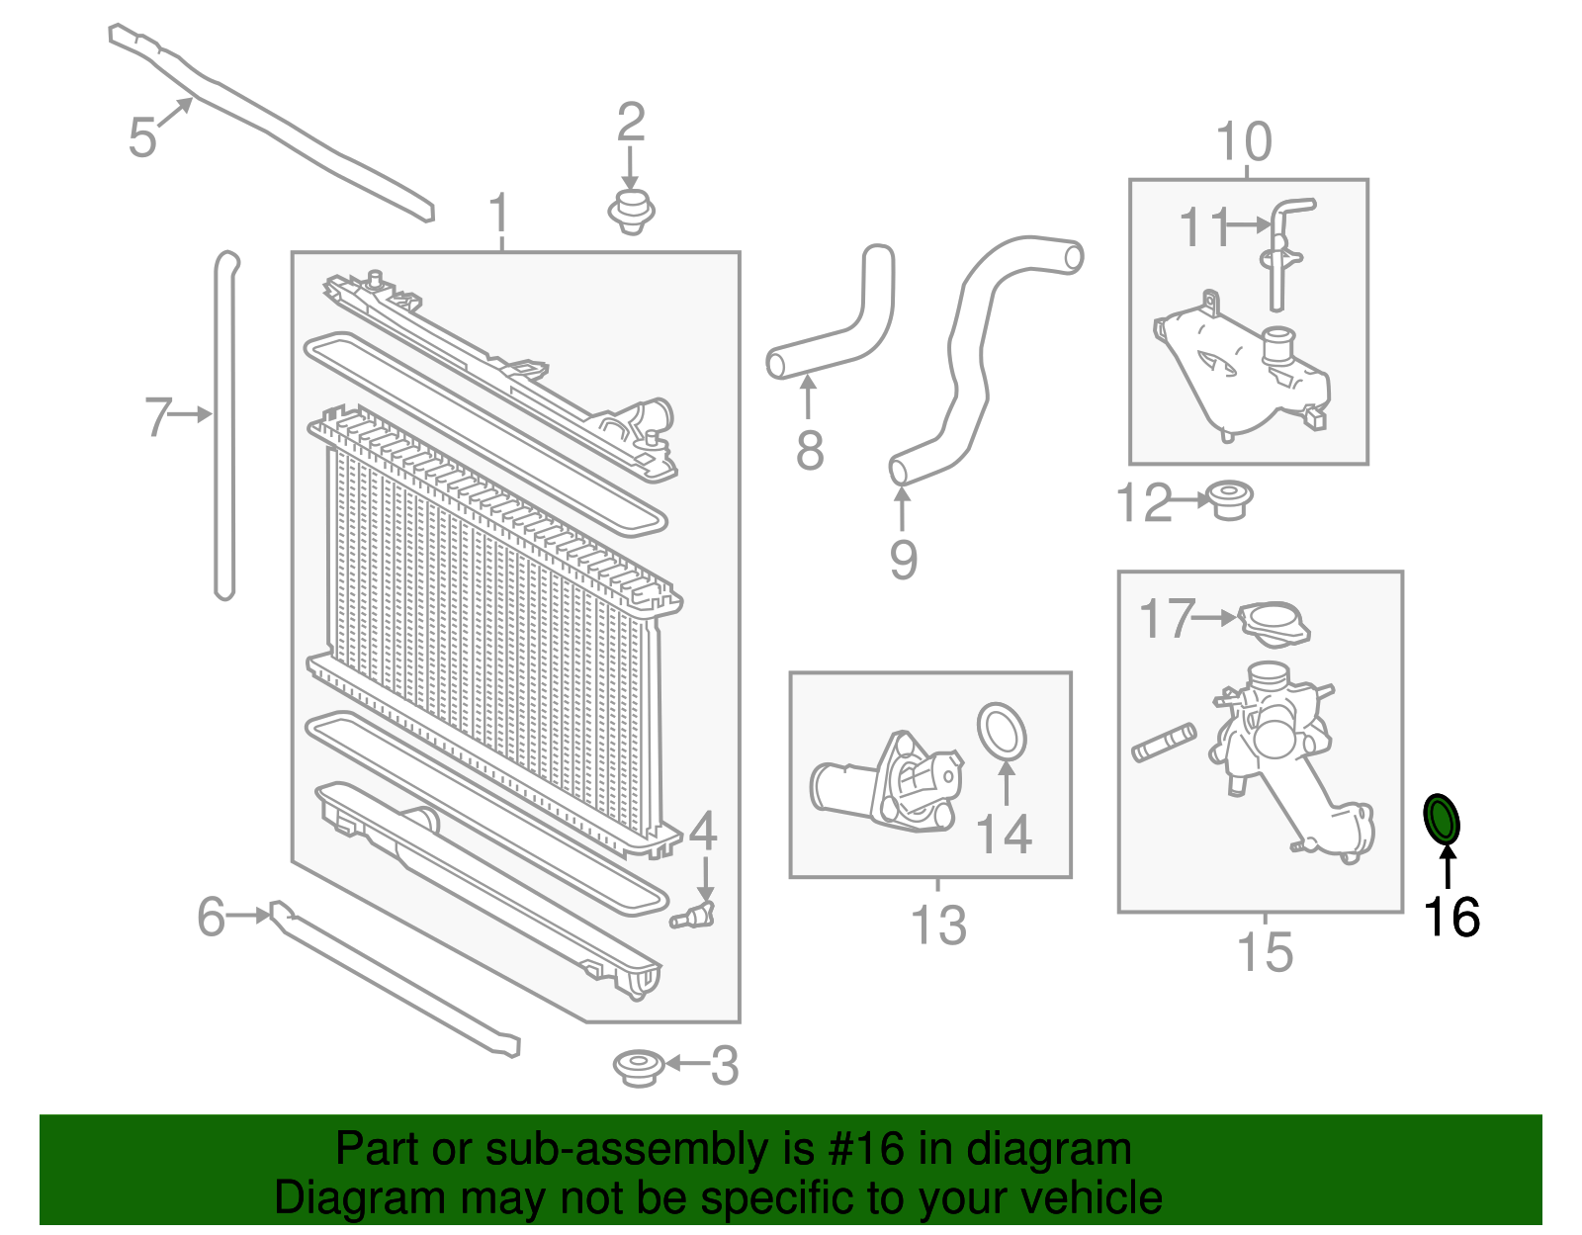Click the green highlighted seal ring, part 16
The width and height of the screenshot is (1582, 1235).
1441,819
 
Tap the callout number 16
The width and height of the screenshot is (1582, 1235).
1450,917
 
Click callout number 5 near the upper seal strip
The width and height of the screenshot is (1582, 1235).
142,136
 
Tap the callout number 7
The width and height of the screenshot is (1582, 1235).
158,416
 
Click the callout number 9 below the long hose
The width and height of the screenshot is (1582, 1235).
903,560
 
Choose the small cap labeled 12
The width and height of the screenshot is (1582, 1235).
1229,499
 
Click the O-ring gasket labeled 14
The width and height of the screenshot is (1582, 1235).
1002,734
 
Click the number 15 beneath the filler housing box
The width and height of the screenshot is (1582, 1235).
1265,952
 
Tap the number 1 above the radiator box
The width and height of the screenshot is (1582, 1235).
500,214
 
